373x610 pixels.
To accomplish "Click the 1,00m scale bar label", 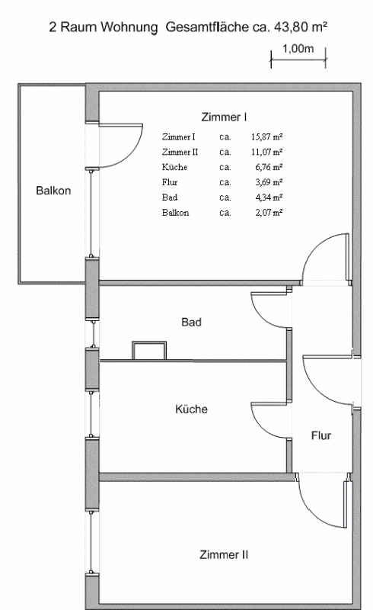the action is click(x=298, y=49).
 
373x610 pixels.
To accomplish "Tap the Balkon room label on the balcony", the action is click(x=53, y=191).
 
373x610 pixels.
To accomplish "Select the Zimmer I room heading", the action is click(x=224, y=117).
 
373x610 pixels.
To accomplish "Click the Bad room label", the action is click(x=191, y=322).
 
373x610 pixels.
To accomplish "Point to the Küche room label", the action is click(x=191, y=409).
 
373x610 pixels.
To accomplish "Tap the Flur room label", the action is click(x=321, y=435).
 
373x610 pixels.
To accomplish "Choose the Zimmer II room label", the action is click(x=224, y=555).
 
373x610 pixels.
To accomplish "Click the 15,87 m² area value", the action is click(x=266, y=137).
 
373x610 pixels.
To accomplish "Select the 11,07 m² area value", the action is click(x=266, y=152).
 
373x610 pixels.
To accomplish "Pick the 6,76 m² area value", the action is click(x=269, y=167).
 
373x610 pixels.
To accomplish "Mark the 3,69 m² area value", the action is click(x=269, y=182).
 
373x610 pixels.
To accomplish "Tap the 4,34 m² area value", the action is click(x=269, y=197).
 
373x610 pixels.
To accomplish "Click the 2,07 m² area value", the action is click(x=269, y=213).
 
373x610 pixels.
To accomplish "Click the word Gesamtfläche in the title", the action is click(x=207, y=27).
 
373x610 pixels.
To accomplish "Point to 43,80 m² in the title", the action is click(x=301, y=27).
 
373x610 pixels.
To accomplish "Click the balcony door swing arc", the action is click(x=133, y=155).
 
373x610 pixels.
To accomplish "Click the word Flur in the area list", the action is click(x=170, y=182).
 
